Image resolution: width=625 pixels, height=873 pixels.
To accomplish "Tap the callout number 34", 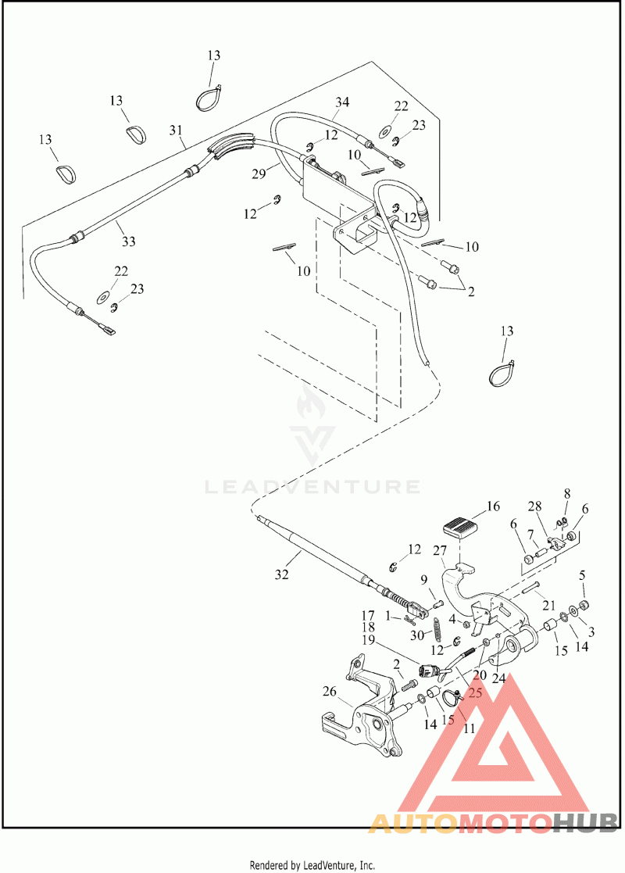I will pyautogui.click(x=342, y=102).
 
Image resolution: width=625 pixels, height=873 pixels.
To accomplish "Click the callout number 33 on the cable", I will pyautogui.click(x=128, y=242).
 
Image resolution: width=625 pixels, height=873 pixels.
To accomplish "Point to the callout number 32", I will pyautogui.click(x=281, y=574).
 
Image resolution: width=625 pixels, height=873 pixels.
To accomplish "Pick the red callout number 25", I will pyautogui.click(x=475, y=692).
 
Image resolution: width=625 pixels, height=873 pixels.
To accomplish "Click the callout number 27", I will pyautogui.click(x=441, y=550).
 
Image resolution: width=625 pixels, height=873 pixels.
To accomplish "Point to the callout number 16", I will pyautogui.click(x=493, y=506).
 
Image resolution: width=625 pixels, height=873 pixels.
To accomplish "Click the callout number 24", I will pyautogui.click(x=498, y=678).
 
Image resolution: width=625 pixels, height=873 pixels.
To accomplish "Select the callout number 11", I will pyautogui.click(x=470, y=728).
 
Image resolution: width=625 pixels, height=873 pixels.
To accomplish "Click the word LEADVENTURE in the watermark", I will pyautogui.click(x=312, y=487).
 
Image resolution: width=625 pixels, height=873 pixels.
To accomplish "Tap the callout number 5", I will pyautogui.click(x=582, y=576).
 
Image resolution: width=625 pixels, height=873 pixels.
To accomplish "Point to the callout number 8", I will pyautogui.click(x=567, y=493).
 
